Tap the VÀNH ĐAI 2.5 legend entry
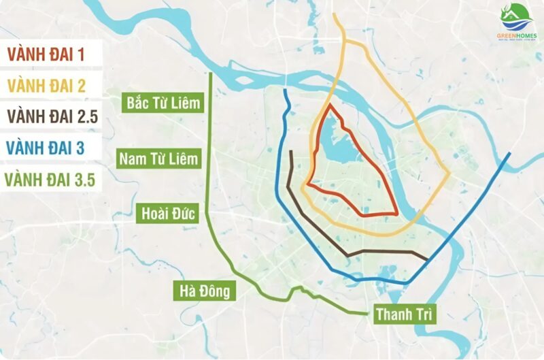[52, 116]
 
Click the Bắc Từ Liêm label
[164, 103]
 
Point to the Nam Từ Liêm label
[160, 159]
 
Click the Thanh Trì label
[403, 315]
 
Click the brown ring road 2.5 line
[381, 252]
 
